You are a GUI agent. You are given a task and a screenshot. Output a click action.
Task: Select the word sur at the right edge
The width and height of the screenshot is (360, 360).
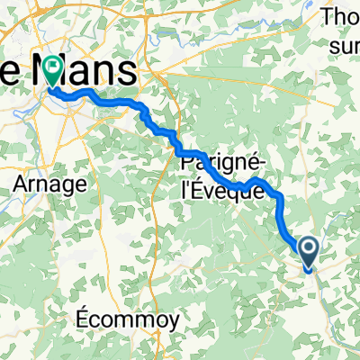tap(347, 42)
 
